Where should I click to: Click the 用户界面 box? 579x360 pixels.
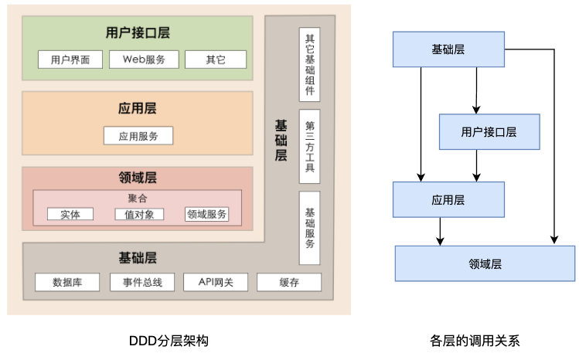coord(70,59)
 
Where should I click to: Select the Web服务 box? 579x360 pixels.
coord(144,59)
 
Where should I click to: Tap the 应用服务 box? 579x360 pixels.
coord(138,136)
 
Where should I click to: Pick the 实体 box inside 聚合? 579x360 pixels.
coord(70,214)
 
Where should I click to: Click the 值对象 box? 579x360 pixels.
coord(139,214)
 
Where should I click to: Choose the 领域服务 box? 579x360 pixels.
coord(207,214)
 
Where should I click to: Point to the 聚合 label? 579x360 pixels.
coord(137,199)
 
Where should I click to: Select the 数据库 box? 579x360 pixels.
coord(68,282)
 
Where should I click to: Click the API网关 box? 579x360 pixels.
coord(214,282)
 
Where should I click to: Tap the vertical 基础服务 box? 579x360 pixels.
coord(309,228)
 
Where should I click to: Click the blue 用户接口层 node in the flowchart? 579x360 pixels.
coord(489,132)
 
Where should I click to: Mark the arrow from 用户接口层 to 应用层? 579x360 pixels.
coord(477,165)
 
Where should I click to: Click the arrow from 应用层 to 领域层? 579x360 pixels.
coord(440,232)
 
